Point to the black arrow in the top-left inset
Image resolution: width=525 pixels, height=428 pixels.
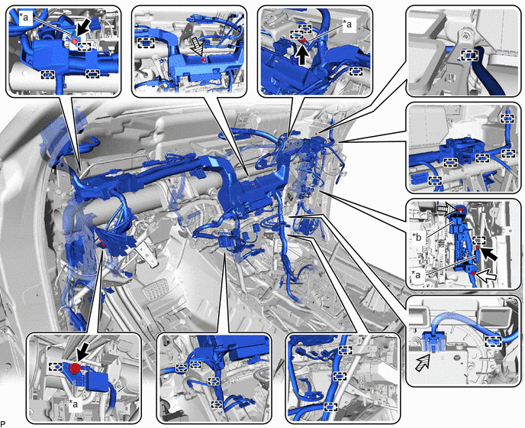click(82, 28)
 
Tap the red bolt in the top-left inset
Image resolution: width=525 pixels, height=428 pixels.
click(75, 41)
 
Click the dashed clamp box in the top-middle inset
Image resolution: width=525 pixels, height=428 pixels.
click(147, 43)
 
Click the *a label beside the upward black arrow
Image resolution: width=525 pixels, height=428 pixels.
click(347, 24)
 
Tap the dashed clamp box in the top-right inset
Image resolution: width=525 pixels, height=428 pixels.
click(469, 55)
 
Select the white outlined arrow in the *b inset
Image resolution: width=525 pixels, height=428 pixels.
click(486, 276)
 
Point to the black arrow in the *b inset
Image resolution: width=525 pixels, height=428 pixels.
click(490, 255)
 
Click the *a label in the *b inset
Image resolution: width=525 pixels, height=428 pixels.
click(417, 274)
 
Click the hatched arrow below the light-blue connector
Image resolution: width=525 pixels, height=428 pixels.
click(423, 363)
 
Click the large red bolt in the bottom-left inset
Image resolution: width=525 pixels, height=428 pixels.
click(76, 368)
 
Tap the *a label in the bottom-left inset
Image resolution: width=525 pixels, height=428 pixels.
click(73, 404)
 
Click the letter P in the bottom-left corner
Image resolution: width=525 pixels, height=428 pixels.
click(3, 423)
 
